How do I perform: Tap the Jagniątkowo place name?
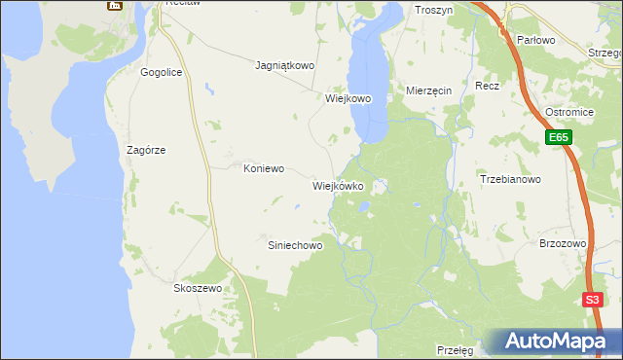coord(284,66)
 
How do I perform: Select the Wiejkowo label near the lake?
coord(349,98)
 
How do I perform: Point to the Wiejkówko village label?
coord(338,185)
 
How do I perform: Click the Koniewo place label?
coord(263,168)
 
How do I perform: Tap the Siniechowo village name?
coord(295,246)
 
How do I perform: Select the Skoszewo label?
coord(198,289)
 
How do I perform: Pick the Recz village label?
coord(488,86)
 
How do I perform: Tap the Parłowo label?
coord(535,40)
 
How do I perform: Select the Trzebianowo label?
coord(511,179)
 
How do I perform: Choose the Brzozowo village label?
coord(563,244)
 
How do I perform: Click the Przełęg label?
coord(455,349)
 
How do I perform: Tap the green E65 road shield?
coord(558,139)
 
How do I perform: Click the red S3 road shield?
coord(593,301)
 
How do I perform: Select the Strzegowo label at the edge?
coord(605,52)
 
